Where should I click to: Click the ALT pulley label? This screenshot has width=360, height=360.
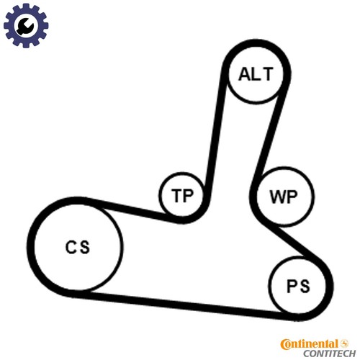[x=256, y=74]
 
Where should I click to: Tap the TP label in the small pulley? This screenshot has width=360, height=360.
[x=182, y=195]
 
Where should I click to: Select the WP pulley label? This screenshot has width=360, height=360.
[x=284, y=197]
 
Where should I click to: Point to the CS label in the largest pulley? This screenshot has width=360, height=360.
[x=78, y=247]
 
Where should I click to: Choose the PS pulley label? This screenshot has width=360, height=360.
[x=298, y=286]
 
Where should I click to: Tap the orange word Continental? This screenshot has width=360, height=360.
[x=310, y=344]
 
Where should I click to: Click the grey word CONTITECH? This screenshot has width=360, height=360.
[x=330, y=354]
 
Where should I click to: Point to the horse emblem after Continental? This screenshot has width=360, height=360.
[x=345, y=343]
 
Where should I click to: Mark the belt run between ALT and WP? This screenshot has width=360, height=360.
[x=271, y=135]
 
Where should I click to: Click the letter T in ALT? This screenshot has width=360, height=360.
[x=269, y=74]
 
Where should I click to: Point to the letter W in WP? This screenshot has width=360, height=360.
[x=277, y=197]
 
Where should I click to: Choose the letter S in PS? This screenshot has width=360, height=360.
[x=305, y=286]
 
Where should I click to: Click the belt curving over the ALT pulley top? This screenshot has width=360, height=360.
[x=256, y=43]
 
